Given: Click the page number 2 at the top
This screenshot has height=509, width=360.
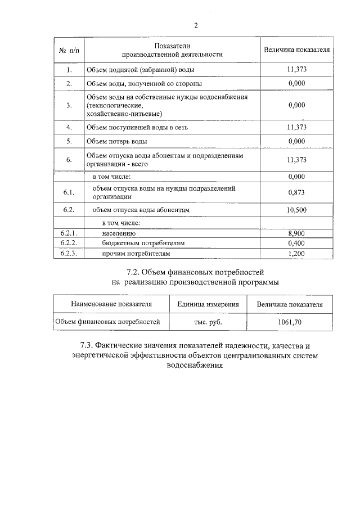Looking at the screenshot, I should (x=196, y=25).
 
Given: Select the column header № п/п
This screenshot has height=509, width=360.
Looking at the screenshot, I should (x=69, y=50).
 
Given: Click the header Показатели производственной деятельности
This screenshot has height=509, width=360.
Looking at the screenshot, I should (x=173, y=49).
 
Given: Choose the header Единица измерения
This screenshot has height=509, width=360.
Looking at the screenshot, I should (x=208, y=304).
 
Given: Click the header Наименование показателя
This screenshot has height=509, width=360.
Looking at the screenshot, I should (x=111, y=304).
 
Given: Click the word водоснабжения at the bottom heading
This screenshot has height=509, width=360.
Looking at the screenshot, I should (x=195, y=365).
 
